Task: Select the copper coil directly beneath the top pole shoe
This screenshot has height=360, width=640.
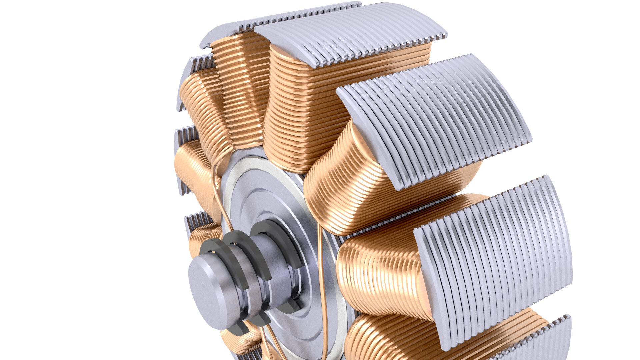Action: pos(333,100)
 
